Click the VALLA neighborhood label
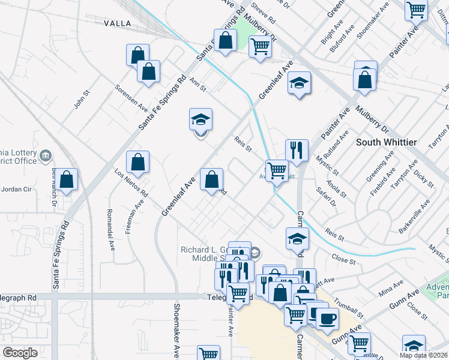[117, 23]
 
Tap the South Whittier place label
[387, 142]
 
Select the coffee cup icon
[327, 317]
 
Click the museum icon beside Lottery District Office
[45, 157]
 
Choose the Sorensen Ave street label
[131, 98]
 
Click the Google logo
[20, 352]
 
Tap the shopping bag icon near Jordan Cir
[68, 179]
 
